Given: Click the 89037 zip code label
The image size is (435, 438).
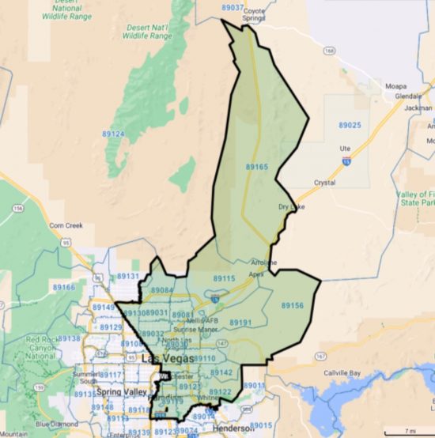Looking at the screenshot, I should tap(233, 7).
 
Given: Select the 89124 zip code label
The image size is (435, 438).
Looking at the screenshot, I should tap(113, 134).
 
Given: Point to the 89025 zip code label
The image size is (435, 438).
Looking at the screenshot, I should tap(350, 125).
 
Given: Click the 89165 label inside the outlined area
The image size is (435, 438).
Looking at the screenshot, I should tap(257, 167).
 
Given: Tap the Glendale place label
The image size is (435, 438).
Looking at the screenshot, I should tap(408, 96).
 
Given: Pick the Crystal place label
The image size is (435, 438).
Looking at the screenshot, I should tap(324, 183).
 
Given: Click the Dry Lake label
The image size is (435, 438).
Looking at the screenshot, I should tap(291, 207).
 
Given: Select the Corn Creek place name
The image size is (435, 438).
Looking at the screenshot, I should tap(66, 225).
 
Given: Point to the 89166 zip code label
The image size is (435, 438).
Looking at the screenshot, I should tap(64, 287).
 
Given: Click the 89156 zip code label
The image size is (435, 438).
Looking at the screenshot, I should tap(293, 305).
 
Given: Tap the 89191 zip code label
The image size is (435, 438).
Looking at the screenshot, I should tap(240, 323).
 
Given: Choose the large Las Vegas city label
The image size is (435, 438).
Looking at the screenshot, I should tap(167, 360).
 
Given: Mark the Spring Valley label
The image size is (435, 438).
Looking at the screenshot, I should tap(116, 392).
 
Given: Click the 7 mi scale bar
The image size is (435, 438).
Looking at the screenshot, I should tap(407, 430).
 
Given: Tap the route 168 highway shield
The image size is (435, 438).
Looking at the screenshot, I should tap(329, 51).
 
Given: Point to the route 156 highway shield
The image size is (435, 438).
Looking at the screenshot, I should tap(17, 210).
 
